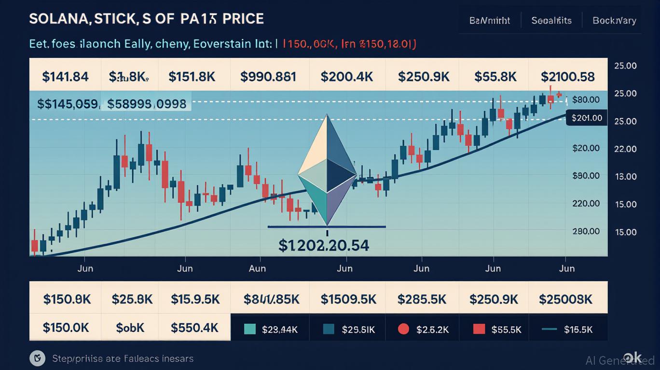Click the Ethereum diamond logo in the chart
tap(327, 171)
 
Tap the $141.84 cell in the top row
tap(65, 77)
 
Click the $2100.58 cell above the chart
tap(567, 77)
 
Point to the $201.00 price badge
tap(586, 118)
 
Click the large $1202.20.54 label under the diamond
tap(324, 246)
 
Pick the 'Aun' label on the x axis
tap(257, 268)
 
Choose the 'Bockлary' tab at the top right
tap(614, 21)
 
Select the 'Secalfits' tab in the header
tap(551, 21)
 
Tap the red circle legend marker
tap(403, 329)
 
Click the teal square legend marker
tap(250, 329)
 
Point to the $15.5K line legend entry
tap(567, 330)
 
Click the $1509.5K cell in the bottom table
tap(348, 299)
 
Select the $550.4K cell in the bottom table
tap(195, 328)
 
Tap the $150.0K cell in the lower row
tap(66, 328)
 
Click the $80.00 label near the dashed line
tap(585, 100)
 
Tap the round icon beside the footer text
tap(37, 358)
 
